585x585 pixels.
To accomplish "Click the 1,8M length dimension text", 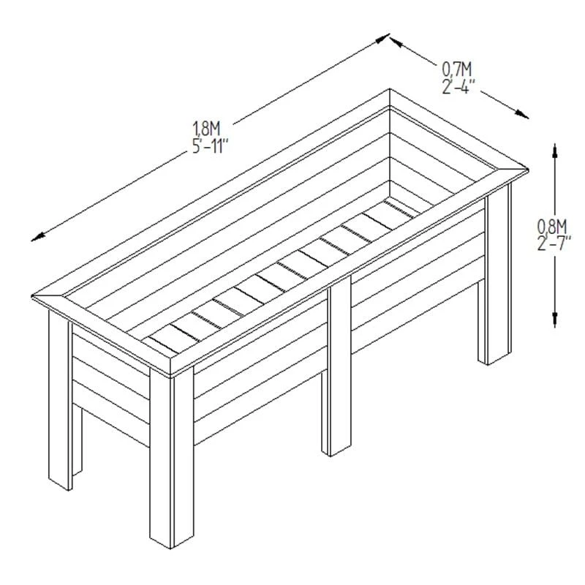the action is [207, 129].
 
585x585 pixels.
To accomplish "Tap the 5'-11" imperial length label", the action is [210, 146].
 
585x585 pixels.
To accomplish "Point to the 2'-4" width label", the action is [458, 86].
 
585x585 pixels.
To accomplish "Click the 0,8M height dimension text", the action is [552, 226].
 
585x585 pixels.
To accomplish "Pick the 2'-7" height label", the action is [554, 244].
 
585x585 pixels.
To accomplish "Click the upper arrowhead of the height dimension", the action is [555, 151].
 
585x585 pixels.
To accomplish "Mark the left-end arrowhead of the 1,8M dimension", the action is [38, 237].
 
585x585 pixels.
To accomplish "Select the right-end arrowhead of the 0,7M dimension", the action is [522, 115].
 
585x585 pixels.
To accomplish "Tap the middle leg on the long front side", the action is [336, 366].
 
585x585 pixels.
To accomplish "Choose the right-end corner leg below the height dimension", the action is [495, 274].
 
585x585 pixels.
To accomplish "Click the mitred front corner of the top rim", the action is [170, 374].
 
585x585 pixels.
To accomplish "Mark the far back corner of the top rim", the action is [390, 88].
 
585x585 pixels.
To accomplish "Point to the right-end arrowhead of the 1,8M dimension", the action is [382, 38].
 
